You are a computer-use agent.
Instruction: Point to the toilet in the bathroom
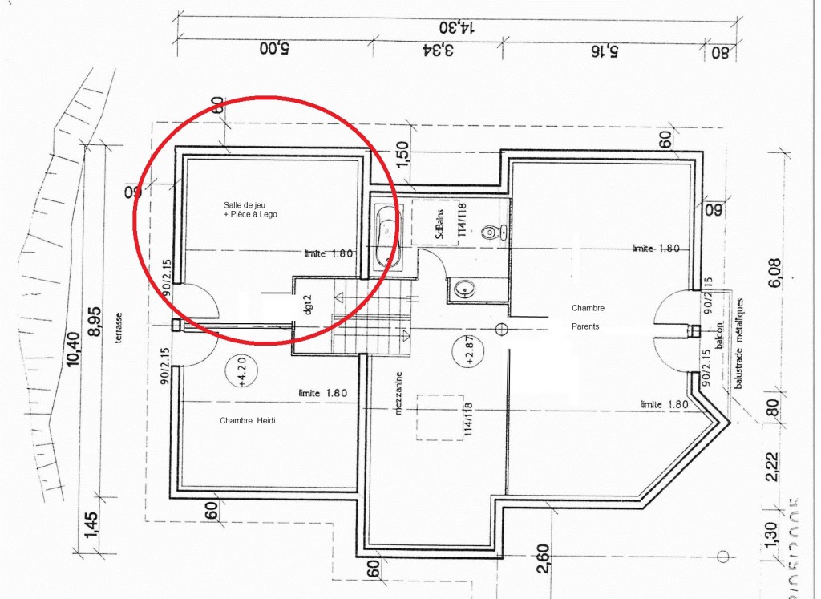pyautogui.click(x=491, y=233)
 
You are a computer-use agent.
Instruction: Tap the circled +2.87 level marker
pyautogui.click(x=469, y=352)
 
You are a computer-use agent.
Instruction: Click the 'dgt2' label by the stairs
pyautogui.click(x=305, y=306)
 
